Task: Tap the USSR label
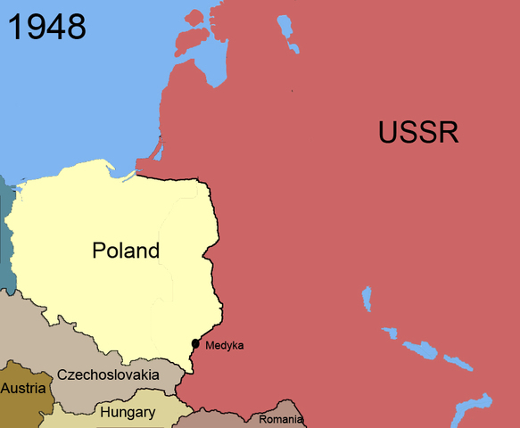click(417, 133)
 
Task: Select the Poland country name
click(126, 251)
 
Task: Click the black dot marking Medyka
click(195, 344)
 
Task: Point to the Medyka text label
click(224, 345)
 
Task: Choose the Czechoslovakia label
click(107, 375)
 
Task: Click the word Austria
click(24, 389)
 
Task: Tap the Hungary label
click(128, 413)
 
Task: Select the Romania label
click(281, 419)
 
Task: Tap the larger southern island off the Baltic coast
click(187, 40)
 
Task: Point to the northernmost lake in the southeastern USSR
click(366, 299)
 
